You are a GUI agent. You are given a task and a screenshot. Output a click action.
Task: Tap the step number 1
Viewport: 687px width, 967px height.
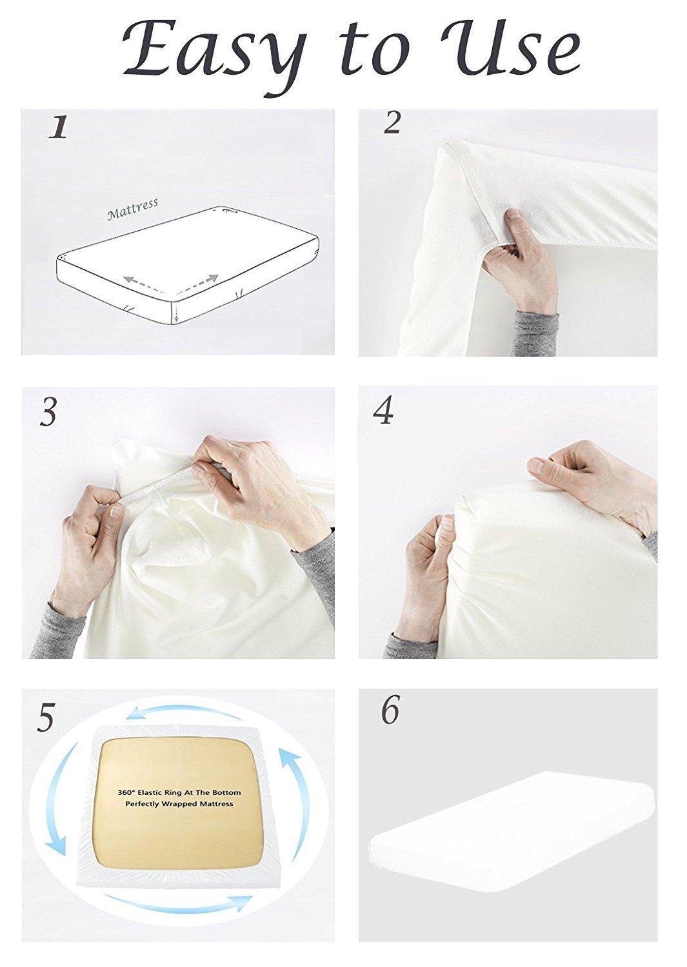[x=58, y=128]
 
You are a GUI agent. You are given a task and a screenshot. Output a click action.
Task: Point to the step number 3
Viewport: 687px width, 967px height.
[x=48, y=411]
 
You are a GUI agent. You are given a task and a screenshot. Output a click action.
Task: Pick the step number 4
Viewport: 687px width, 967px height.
[x=383, y=411]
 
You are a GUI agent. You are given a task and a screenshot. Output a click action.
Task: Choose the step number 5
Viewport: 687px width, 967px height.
[x=45, y=718]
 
